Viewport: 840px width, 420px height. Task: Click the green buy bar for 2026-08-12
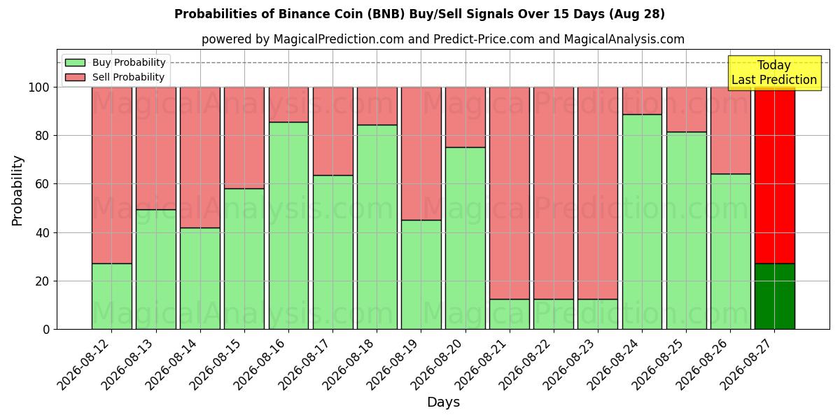coord(112,296)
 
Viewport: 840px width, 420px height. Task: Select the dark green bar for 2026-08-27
coord(775,296)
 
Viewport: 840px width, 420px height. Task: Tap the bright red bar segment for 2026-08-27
coord(775,176)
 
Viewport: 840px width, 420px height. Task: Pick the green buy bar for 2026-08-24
coord(642,222)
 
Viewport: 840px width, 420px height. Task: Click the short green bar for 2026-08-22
coord(554,314)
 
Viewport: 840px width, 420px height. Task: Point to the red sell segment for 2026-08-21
coord(510,193)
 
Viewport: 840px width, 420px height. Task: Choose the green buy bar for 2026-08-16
coord(288,225)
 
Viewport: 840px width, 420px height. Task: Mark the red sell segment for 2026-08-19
coord(421,154)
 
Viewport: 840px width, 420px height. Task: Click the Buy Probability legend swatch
coord(75,62)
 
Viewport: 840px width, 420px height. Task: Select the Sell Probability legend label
coord(128,77)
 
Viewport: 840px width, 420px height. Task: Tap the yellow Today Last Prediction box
coord(774,73)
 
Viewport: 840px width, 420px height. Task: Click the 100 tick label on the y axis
coord(39,87)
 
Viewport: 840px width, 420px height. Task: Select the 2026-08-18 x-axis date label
coord(348,365)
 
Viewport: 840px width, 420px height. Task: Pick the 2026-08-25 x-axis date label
coord(657,365)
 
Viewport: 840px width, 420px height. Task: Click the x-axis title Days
coord(443,402)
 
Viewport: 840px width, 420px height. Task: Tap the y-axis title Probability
coord(17,191)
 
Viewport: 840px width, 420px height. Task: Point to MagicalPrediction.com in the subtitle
coord(339,39)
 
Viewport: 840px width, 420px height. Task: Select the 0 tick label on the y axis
coord(46,330)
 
